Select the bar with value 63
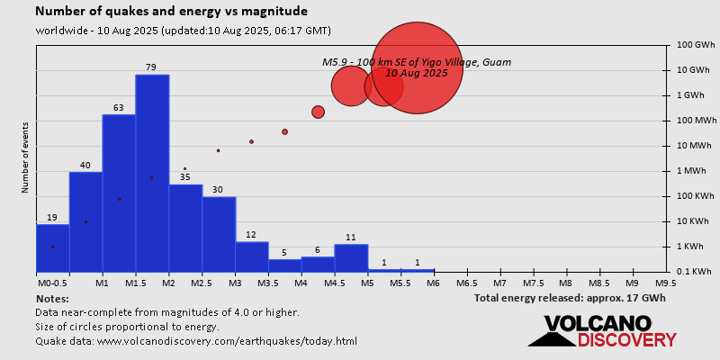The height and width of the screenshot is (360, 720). (119, 193)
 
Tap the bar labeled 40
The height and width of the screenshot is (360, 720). (85, 221)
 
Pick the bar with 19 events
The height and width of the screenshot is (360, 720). (52, 247)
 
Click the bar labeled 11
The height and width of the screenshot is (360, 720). (351, 257)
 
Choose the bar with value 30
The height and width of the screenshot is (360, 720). (218, 234)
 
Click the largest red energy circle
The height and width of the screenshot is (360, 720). (417, 68)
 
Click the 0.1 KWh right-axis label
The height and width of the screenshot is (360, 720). (695, 272)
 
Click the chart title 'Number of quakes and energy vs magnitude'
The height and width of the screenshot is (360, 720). (171, 12)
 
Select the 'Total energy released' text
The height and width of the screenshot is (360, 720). (570, 298)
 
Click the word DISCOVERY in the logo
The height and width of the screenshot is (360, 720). (627, 339)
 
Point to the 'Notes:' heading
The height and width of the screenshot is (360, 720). (52, 298)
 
